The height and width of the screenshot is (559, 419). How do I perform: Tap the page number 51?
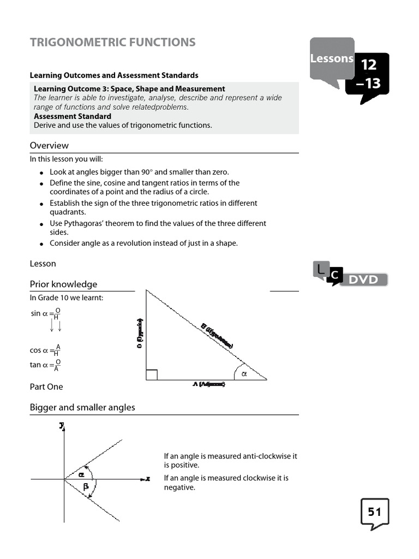click(x=374, y=512)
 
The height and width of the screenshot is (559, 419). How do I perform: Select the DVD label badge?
click(x=363, y=279)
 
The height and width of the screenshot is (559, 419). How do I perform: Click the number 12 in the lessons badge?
click(x=368, y=65)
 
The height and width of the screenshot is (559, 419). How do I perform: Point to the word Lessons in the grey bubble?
click(x=332, y=58)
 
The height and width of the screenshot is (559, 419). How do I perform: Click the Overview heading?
click(x=49, y=145)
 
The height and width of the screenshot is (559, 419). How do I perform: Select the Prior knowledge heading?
click(x=63, y=284)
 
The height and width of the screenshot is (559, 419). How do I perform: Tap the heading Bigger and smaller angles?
click(x=82, y=407)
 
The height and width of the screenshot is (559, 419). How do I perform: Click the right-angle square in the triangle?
click(x=152, y=374)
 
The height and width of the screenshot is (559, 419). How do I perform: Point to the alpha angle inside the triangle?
click(x=244, y=374)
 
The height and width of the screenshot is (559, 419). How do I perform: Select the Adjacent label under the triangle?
click(x=208, y=384)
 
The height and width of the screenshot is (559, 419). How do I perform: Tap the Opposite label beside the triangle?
click(x=140, y=333)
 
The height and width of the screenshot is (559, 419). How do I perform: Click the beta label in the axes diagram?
click(x=86, y=486)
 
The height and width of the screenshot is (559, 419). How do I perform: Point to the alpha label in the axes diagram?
click(x=81, y=474)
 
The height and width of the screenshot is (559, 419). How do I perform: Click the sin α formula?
click(x=45, y=313)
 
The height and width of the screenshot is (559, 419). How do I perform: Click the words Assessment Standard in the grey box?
click(x=73, y=116)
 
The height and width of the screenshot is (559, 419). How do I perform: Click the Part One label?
click(x=46, y=386)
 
